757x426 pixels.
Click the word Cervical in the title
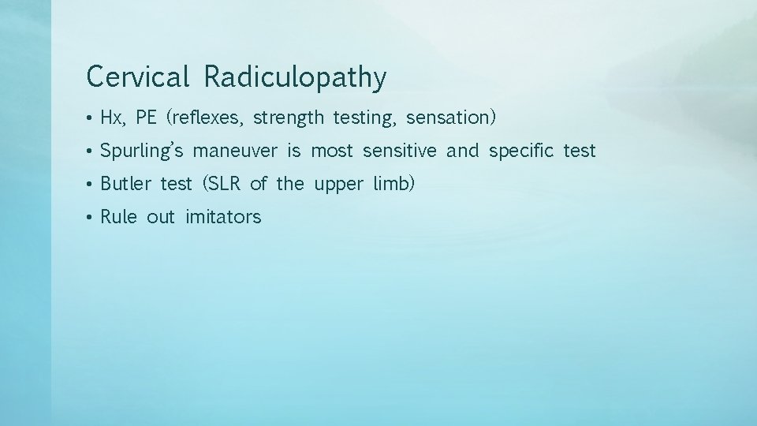(x=138, y=77)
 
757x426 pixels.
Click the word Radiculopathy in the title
(x=296, y=78)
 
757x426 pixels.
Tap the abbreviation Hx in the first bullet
(x=112, y=118)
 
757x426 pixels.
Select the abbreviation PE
(x=147, y=118)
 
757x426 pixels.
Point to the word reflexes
(x=207, y=118)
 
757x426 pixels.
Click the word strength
(x=289, y=118)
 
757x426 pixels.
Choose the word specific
(x=521, y=151)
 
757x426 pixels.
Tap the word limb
(x=393, y=185)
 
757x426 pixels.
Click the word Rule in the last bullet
(x=119, y=218)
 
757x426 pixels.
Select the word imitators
(x=223, y=218)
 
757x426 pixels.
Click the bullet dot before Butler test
(x=91, y=185)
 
